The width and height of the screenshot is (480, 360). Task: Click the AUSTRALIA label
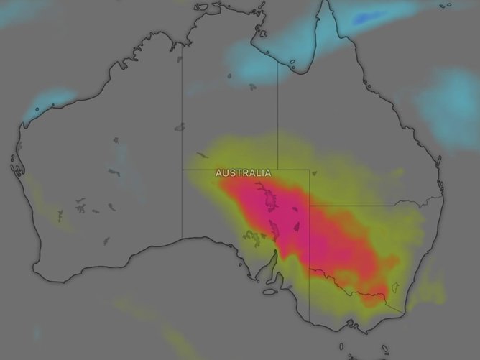[244, 173]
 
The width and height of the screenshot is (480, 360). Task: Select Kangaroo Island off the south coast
[270, 292]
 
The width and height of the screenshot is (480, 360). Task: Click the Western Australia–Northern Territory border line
[181, 108]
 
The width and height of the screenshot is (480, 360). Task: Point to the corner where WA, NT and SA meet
[181, 170]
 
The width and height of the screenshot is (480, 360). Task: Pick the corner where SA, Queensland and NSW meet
[310, 206]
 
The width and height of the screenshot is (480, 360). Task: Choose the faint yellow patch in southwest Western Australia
[50, 216]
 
